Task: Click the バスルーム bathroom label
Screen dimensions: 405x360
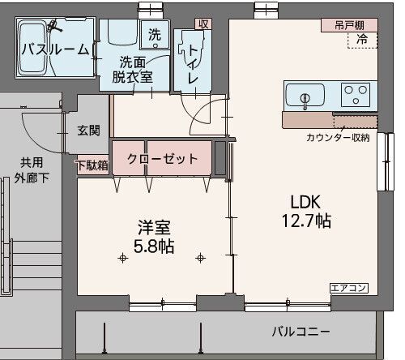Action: (x=55, y=49)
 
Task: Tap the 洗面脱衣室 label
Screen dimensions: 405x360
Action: (x=133, y=70)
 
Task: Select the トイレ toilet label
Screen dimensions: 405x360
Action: (x=193, y=64)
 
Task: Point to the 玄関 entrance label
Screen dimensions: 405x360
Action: (x=88, y=131)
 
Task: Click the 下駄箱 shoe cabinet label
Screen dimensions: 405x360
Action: (x=93, y=165)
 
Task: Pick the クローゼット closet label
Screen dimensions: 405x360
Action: (x=163, y=159)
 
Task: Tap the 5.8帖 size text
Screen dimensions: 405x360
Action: (x=154, y=246)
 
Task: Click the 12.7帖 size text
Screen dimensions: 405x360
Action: (x=306, y=221)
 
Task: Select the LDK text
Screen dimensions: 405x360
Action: (x=305, y=202)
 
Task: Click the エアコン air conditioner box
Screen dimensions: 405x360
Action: (x=349, y=288)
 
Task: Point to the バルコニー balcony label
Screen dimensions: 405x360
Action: (x=301, y=332)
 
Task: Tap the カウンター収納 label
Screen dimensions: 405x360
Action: (x=338, y=138)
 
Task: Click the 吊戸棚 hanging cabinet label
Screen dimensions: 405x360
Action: (x=349, y=26)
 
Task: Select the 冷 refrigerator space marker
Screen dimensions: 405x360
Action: (x=362, y=39)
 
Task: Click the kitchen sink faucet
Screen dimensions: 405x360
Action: (x=305, y=100)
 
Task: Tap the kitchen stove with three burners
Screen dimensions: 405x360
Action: (x=356, y=94)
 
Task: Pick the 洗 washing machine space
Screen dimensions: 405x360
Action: (x=155, y=35)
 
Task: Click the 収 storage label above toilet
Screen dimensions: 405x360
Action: (x=203, y=24)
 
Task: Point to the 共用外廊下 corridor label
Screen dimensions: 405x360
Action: (x=32, y=170)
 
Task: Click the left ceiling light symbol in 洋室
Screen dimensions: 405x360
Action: (x=123, y=259)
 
